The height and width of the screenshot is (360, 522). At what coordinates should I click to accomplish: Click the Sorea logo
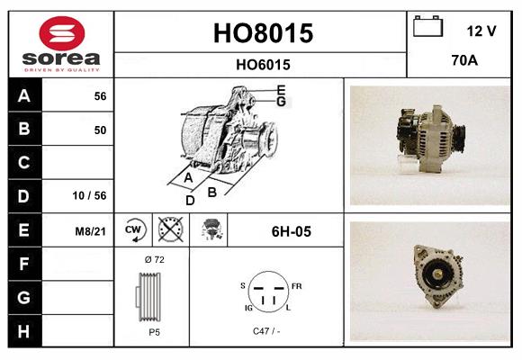point(60,45)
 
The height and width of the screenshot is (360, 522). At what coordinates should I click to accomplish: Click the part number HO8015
point(262,34)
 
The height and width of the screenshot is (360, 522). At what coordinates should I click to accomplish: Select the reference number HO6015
point(262,65)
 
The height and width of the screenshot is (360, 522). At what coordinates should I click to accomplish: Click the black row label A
point(23,96)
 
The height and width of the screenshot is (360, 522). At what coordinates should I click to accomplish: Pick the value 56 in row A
point(100,96)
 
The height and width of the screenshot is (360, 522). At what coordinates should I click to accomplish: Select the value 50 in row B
point(100,130)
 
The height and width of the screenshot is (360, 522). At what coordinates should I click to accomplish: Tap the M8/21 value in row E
point(91,231)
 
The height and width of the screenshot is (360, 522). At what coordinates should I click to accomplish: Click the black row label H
point(23,330)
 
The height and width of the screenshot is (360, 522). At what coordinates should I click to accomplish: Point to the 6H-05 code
point(291,231)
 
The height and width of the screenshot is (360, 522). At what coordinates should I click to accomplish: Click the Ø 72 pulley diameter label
point(154,259)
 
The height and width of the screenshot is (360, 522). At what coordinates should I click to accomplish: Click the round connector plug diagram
point(267,293)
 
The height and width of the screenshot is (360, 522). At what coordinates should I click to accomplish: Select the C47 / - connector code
point(267,331)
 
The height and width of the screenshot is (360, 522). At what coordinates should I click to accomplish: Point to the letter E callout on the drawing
point(282,89)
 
